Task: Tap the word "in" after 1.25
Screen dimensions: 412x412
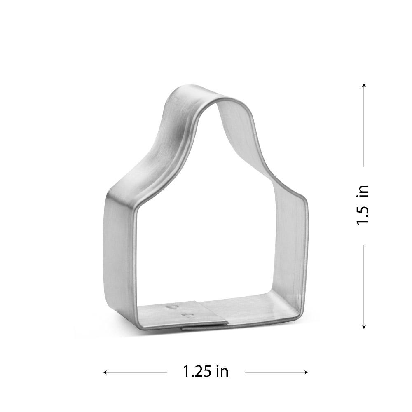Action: (221, 372)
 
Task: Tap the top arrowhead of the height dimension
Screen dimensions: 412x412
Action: (364, 86)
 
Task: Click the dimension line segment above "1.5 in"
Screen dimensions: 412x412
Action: (364, 128)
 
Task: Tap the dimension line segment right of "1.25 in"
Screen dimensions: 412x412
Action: (276, 372)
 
